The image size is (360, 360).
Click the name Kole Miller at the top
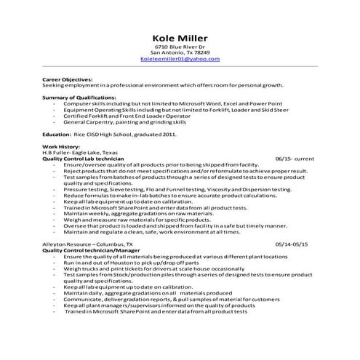[180, 37]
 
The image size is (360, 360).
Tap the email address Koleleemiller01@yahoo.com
[180, 59]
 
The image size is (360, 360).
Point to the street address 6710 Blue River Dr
[180, 47]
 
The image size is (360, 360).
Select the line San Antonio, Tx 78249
[180, 53]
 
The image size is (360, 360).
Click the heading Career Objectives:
[68, 79]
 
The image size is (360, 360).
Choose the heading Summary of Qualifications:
[79, 97]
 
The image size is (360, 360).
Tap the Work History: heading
[62, 146]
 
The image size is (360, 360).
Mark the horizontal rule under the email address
[180, 67]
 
